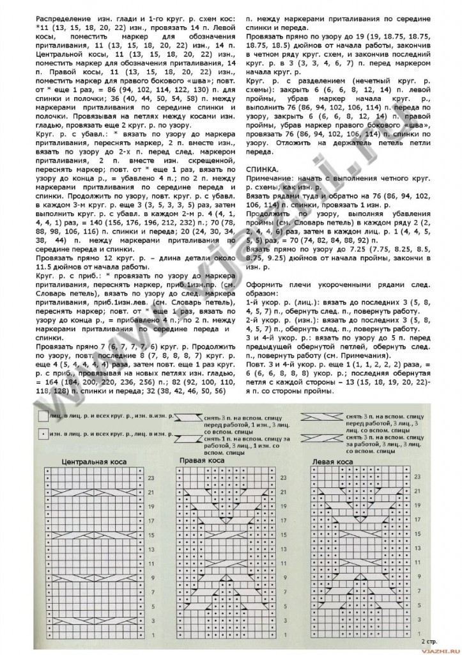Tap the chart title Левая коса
pyautogui.click(x=332, y=461)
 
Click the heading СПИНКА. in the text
pyautogui.click(x=261, y=168)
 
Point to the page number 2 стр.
pyautogui.click(x=430, y=639)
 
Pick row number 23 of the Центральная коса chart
pyautogui.click(x=151, y=478)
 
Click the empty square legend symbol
pyautogui.click(x=43, y=416)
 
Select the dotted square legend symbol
pyautogui.click(x=43, y=434)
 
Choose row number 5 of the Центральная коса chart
pyautogui.click(x=151, y=606)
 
